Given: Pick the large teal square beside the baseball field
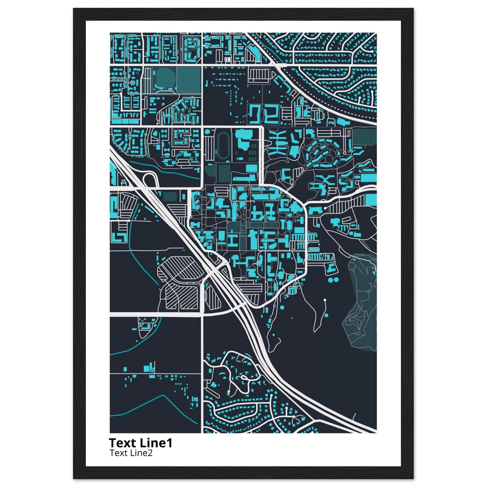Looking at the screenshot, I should point(188,79).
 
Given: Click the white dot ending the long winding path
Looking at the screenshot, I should point(325,300).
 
